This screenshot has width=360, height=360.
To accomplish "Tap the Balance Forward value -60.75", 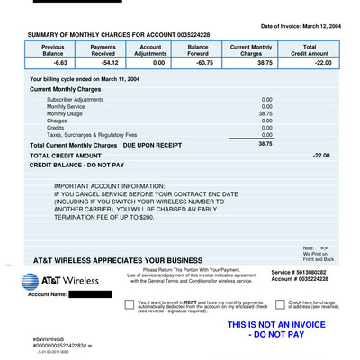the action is (x=198, y=64).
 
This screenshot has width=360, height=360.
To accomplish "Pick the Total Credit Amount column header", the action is (x=310, y=49).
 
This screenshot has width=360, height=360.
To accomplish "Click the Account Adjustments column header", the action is (x=150, y=49).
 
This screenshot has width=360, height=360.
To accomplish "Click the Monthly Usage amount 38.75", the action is (x=265, y=114).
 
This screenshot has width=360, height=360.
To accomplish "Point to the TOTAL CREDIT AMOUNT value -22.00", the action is (x=321, y=156).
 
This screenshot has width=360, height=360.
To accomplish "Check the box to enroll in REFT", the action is (x=130, y=305).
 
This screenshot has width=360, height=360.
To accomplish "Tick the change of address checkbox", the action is (x=280, y=305).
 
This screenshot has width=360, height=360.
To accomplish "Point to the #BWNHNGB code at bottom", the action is (x=49, y=338).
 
